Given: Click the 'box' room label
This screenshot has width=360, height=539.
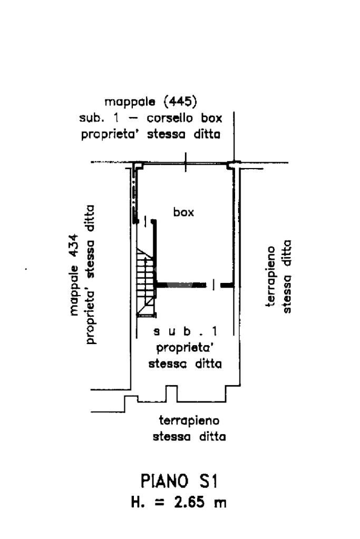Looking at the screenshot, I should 183,212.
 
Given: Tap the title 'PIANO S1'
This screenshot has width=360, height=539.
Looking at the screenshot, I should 180,482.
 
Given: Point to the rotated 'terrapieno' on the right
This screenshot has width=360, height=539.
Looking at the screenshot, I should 271,278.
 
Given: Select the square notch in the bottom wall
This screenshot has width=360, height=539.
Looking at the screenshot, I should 171,393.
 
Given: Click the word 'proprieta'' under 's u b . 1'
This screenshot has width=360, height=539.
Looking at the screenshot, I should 184,348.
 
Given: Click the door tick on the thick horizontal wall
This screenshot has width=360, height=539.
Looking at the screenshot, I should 213,285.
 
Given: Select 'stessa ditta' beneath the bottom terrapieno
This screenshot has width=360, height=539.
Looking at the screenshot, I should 189,437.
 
